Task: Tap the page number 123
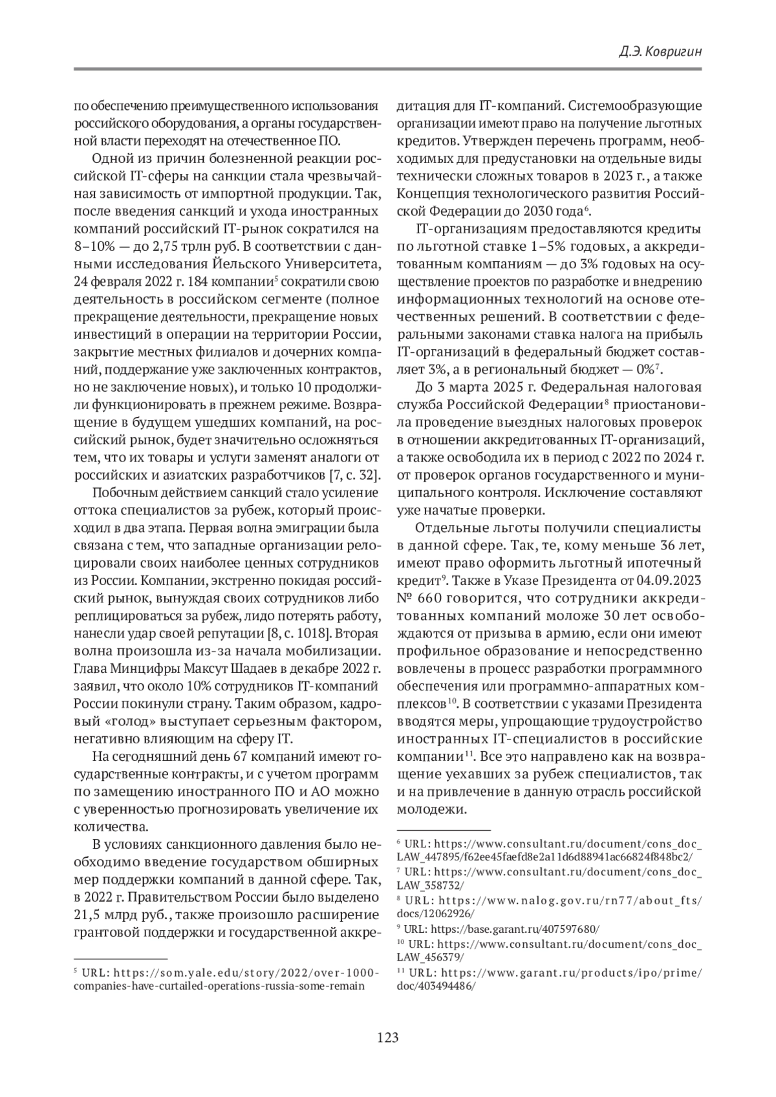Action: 387,1038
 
